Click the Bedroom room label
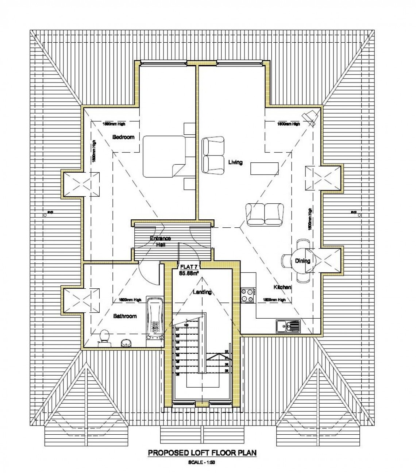123,137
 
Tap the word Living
235,162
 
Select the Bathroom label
125,316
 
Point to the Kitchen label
282,287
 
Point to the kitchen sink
288,326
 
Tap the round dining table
302,261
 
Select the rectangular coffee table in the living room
265,169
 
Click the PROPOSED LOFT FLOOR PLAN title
202,453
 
